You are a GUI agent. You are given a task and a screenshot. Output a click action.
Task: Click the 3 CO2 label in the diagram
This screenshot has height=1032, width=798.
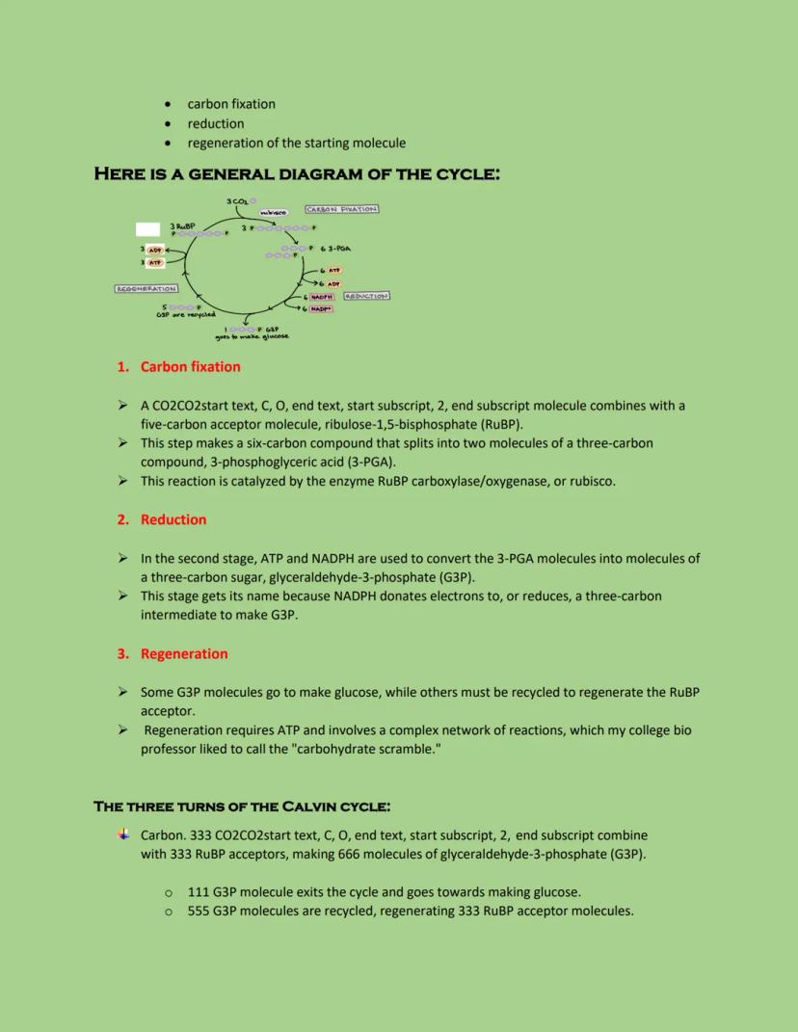pyautogui.click(x=236, y=201)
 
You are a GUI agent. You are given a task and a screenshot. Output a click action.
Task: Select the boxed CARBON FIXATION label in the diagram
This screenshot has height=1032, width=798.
pyautogui.click(x=341, y=208)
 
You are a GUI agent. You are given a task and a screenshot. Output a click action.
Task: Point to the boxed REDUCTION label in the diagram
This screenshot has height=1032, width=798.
pyautogui.click(x=366, y=296)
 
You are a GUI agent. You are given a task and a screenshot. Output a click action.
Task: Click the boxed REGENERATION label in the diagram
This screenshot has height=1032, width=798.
pyautogui.click(x=146, y=288)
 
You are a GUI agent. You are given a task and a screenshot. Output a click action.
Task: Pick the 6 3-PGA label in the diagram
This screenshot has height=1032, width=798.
pyautogui.click(x=334, y=249)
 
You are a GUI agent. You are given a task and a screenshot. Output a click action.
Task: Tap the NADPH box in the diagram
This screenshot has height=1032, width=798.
pyautogui.click(x=322, y=297)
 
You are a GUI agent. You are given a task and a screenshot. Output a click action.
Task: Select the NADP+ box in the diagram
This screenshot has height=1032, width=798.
pyautogui.click(x=321, y=308)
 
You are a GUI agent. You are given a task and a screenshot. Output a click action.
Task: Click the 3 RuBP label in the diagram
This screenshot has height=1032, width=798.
pyautogui.click(x=182, y=225)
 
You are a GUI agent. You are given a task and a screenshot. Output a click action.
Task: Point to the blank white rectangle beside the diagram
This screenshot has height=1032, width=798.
pyautogui.click(x=147, y=228)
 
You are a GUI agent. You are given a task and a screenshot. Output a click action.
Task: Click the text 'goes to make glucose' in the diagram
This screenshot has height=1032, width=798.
pyautogui.click(x=252, y=336)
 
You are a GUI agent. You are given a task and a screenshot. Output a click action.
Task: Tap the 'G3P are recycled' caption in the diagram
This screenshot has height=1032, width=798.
pyautogui.click(x=186, y=314)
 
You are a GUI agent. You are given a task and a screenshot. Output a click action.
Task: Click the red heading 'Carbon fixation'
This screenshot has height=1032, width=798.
pyautogui.click(x=190, y=367)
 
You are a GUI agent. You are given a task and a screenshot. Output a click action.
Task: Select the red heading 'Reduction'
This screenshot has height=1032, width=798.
pyautogui.click(x=173, y=519)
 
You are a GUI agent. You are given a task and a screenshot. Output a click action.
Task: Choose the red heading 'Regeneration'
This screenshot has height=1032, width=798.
pyautogui.click(x=184, y=653)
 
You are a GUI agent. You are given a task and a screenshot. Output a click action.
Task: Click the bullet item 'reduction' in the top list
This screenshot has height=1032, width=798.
pyautogui.click(x=216, y=123)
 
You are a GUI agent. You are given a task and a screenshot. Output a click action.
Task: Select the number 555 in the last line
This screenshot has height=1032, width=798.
pyautogui.click(x=199, y=911)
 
